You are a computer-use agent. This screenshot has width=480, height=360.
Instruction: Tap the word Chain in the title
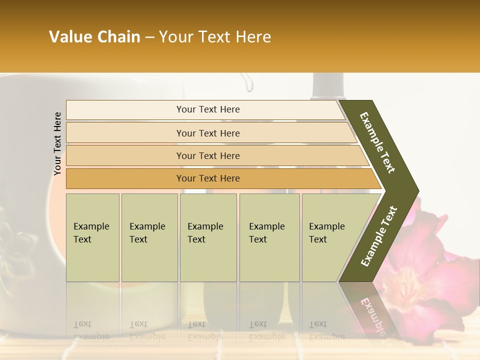(119, 37)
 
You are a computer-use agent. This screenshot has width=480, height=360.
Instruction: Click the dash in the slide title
(149, 37)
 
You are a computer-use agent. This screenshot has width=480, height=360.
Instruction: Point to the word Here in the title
(253, 37)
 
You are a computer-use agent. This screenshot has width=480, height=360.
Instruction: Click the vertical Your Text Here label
(57, 143)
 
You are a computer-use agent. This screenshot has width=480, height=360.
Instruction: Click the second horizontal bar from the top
(208, 133)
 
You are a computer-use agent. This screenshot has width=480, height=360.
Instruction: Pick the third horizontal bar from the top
(208, 155)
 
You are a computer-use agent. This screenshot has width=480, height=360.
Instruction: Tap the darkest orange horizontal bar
(208, 178)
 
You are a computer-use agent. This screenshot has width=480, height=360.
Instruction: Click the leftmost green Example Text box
(92, 237)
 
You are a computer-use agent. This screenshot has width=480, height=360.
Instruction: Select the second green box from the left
(149, 237)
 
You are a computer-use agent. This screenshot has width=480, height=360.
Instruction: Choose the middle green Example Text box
(208, 237)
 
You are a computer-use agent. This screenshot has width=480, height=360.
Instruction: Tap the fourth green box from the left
(269, 237)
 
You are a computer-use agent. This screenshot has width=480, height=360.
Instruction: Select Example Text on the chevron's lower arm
(378, 236)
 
